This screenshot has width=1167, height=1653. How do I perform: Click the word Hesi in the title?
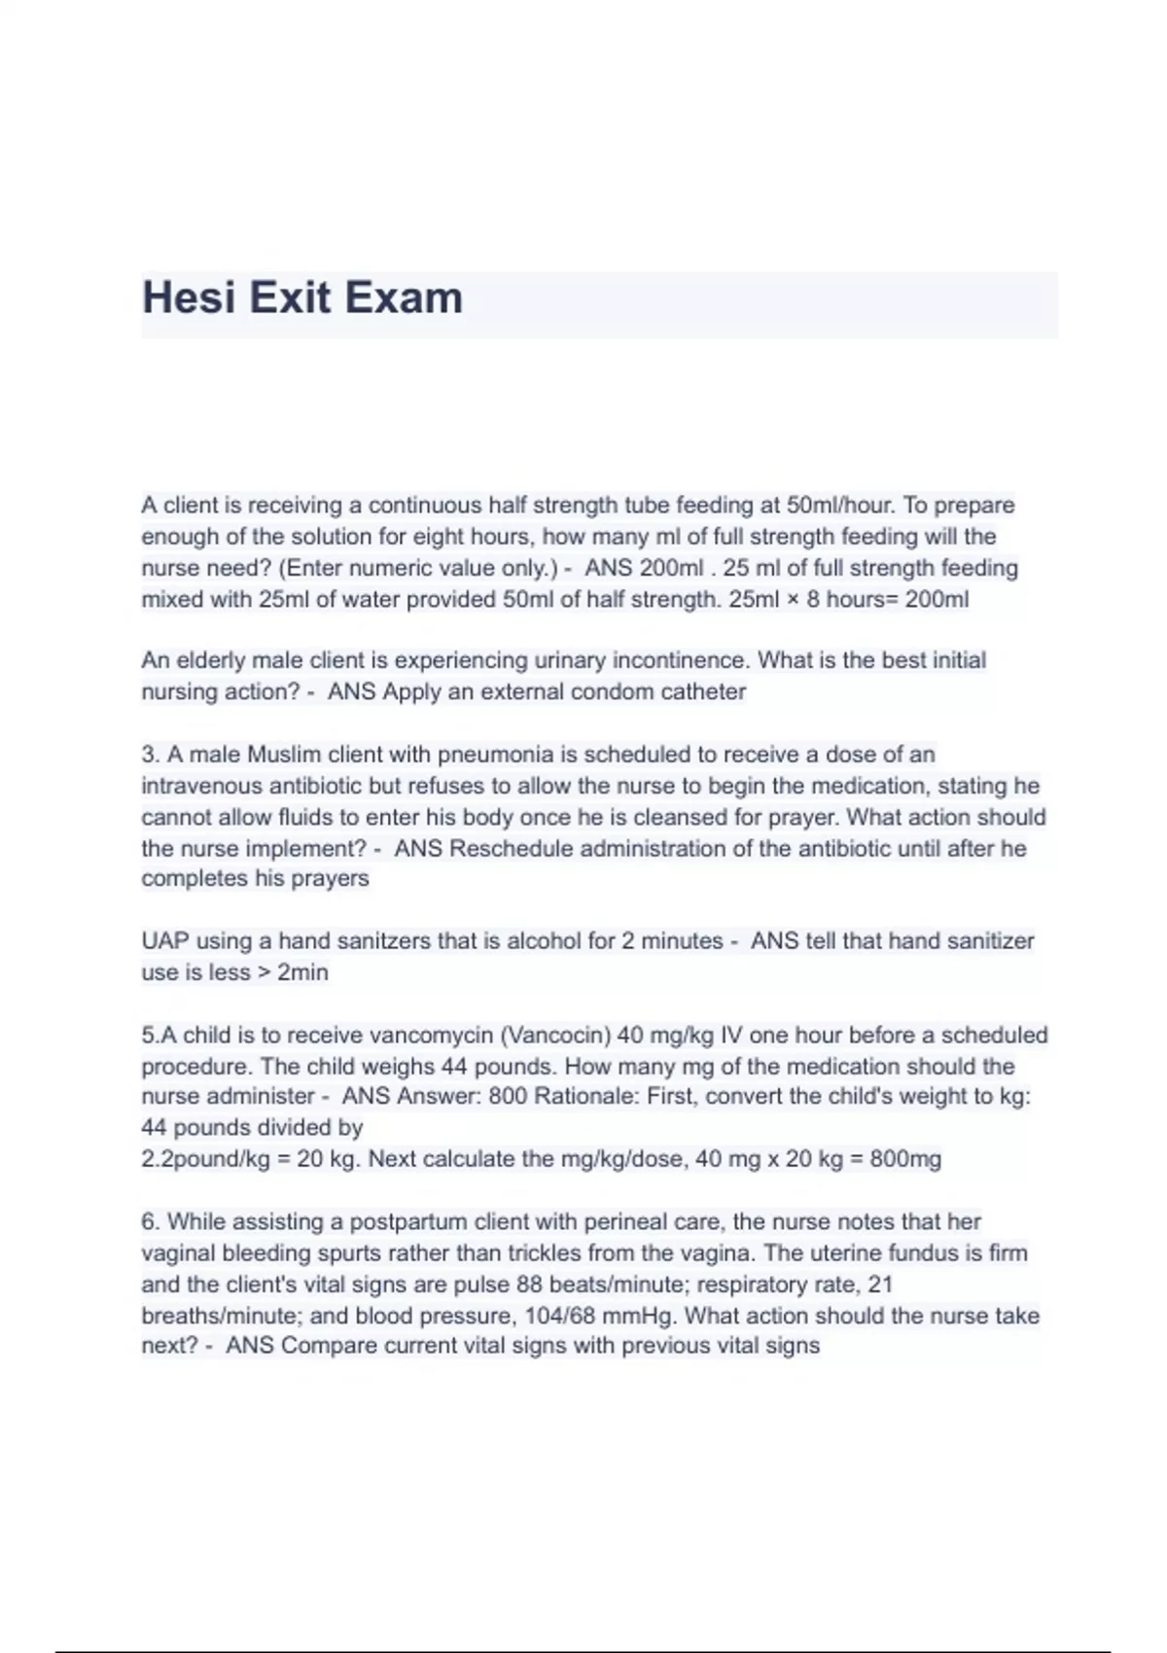[x=189, y=298]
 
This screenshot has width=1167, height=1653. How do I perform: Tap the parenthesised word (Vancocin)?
[x=554, y=1036]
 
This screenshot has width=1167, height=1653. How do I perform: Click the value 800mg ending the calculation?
[x=905, y=1159]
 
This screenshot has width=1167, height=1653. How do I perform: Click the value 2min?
[x=302, y=972]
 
